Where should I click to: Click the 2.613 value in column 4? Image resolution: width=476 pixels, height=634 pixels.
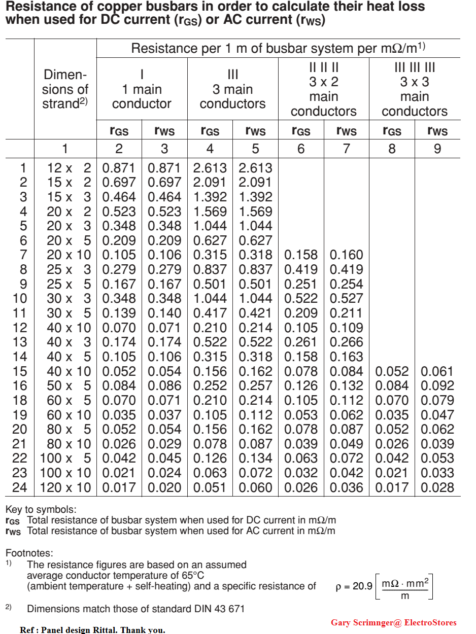[x=210, y=168]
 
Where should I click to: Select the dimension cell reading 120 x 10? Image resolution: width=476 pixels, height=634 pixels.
[x=65, y=488]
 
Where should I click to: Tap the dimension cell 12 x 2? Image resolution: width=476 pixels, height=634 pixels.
[x=69, y=168]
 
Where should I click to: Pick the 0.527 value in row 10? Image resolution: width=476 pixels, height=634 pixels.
[x=347, y=299]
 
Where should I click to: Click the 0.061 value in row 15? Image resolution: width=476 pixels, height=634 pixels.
[x=437, y=372]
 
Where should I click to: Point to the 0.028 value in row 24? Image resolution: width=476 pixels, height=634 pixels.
[x=437, y=488]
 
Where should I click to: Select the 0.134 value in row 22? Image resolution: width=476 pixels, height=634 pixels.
[x=255, y=459]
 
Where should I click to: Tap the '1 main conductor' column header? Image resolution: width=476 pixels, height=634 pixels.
[x=142, y=89]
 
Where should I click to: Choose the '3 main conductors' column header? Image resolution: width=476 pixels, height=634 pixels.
[x=232, y=89]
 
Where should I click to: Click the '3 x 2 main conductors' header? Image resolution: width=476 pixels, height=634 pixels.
[x=324, y=89]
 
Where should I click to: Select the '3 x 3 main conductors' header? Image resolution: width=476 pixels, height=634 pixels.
[x=415, y=89]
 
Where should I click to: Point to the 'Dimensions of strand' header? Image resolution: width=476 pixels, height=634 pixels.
[x=65, y=89]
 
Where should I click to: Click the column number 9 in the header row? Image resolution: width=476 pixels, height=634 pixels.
[x=437, y=149]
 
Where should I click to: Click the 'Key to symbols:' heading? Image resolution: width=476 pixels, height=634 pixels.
[x=41, y=509]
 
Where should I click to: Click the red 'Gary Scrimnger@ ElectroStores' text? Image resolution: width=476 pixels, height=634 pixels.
[x=393, y=622]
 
